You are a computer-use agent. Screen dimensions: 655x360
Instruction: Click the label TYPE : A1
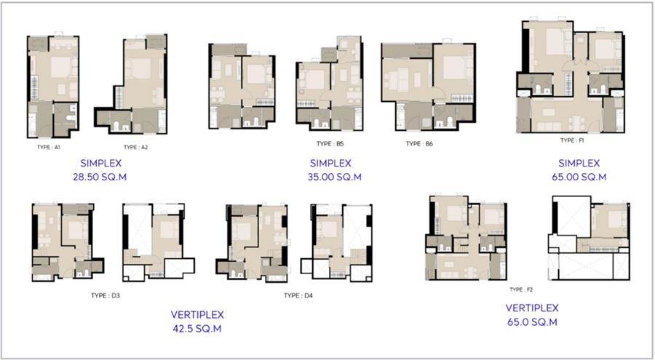(x=49, y=147)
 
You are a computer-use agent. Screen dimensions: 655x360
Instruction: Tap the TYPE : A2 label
(x=136, y=147)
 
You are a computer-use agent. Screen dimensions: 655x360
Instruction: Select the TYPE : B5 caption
(x=330, y=144)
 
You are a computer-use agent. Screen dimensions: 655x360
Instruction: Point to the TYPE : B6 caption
(x=419, y=144)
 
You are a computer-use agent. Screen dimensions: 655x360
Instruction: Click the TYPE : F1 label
(x=572, y=140)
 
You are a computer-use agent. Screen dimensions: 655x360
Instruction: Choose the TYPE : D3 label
(x=106, y=295)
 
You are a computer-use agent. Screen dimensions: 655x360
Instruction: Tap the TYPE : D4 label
(x=298, y=295)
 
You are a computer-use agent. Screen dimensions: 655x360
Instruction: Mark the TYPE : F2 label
(x=521, y=289)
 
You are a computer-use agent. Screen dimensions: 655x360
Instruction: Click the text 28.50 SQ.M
(x=100, y=177)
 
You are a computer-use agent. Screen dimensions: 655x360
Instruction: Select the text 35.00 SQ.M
(x=335, y=177)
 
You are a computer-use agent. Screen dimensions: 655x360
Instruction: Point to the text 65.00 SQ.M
(x=579, y=177)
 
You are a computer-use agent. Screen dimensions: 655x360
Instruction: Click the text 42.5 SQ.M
(x=197, y=329)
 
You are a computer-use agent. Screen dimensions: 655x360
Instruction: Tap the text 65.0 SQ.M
(x=532, y=322)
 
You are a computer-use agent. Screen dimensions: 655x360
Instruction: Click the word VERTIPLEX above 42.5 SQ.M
(x=197, y=314)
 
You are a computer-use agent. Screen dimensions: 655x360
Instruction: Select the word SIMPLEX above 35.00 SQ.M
(x=330, y=164)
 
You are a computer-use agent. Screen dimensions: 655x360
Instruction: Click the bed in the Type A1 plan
(x=60, y=67)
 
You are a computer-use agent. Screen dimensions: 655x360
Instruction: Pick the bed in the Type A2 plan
(x=141, y=68)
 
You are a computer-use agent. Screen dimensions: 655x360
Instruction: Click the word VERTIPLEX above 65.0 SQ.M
(x=532, y=308)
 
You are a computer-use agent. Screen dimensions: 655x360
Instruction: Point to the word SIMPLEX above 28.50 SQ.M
(x=100, y=164)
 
